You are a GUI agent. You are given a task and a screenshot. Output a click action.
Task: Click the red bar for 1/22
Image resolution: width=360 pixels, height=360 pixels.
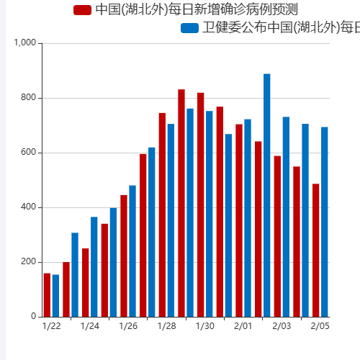tap(47, 295)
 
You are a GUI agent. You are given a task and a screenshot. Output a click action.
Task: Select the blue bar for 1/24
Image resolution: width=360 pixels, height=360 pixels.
tap(94, 267)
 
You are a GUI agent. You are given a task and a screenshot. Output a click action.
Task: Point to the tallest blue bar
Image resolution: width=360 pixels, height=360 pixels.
tap(266, 195)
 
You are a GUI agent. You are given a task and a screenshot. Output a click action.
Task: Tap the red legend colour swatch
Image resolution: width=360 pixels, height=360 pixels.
tap(83, 10)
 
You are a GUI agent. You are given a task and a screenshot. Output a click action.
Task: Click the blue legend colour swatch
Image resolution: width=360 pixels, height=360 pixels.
tap(189, 28)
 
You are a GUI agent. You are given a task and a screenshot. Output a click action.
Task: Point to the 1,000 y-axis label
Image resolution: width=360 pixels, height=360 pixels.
tap(24, 43)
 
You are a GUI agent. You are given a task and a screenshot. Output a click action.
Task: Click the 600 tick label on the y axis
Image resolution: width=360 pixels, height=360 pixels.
tap(28, 153)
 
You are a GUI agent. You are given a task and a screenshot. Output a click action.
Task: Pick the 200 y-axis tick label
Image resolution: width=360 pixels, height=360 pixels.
tap(28, 262)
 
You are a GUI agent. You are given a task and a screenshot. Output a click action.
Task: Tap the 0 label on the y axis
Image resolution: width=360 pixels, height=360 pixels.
tap(33, 317)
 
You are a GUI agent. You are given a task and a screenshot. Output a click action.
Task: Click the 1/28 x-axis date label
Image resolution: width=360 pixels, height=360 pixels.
tap(166, 327)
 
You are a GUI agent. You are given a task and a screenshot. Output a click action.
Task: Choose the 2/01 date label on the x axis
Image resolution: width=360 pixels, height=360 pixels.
tap(243, 327)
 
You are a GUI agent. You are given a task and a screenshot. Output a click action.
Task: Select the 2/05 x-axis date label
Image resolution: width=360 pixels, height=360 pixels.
tap(320, 327)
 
